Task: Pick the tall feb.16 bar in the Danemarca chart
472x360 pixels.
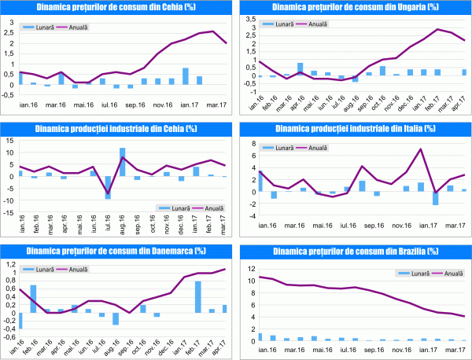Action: pyautogui.click(x=33, y=299)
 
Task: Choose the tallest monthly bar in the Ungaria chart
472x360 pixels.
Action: pyautogui.click(x=300, y=69)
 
